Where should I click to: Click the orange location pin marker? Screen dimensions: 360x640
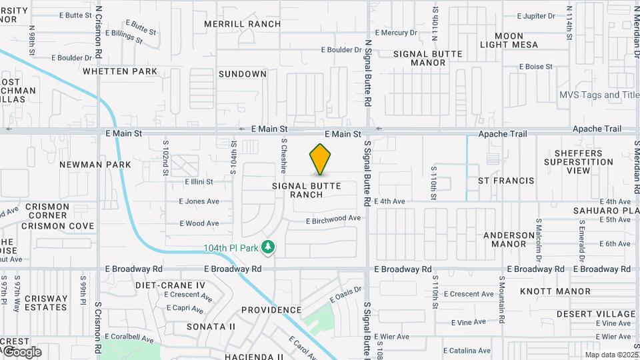click(x=320, y=159)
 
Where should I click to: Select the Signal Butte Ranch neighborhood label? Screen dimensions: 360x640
click(x=315, y=190)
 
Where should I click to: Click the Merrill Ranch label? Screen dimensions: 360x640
click(x=243, y=24)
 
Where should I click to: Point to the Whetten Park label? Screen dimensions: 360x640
click(x=120, y=71)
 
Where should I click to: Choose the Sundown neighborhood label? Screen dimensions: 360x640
click(x=243, y=74)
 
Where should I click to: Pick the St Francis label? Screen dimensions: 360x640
click(x=506, y=181)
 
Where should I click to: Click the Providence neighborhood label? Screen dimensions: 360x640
click(x=271, y=310)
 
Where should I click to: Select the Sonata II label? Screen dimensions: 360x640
click(x=211, y=327)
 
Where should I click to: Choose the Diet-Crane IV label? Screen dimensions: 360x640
click(x=170, y=285)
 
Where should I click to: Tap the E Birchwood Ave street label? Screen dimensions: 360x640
click(x=333, y=219)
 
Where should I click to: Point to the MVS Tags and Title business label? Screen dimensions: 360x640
click(x=599, y=95)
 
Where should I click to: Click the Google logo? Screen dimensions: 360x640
click(x=23, y=351)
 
